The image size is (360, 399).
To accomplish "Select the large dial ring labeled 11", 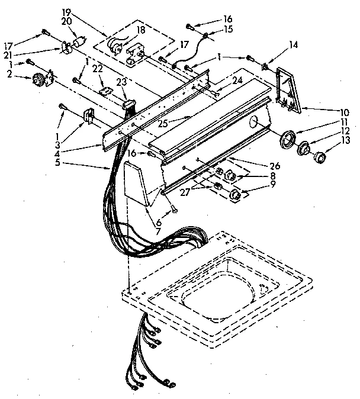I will click(x=288, y=140).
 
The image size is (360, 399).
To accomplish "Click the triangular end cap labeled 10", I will click(x=289, y=89).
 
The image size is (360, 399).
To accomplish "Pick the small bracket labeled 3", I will click(x=88, y=116).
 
